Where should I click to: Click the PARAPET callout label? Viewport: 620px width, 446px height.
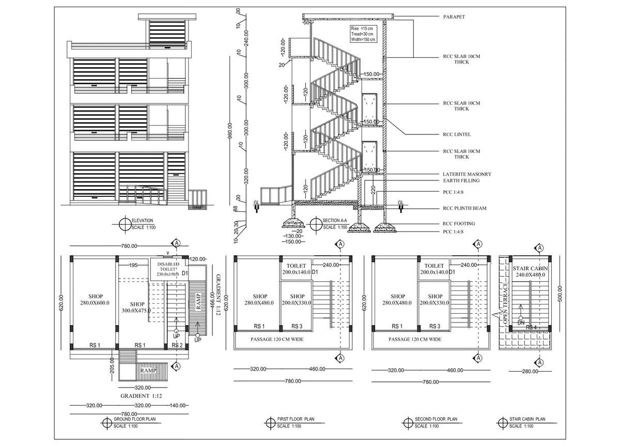point(454,17)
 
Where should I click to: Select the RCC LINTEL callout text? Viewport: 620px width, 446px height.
point(457,134)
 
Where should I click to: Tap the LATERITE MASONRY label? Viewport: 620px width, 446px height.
point(467,174)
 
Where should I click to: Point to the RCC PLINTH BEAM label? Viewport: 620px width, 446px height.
point(464,208)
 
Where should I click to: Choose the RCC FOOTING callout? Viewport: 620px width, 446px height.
point(459,223)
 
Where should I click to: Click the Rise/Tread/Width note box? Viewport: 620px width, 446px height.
point(363,33)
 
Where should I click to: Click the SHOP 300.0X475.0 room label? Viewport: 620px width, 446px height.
point(137,307)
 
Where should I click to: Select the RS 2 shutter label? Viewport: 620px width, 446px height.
point(177,345)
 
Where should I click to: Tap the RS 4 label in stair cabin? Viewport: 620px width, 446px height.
point(531,327)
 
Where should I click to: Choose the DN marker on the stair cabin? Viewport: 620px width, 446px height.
point(521,323)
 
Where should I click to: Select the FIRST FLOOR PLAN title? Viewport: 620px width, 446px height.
point(295,419)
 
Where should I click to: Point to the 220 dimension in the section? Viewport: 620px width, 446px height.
point(373,190)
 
